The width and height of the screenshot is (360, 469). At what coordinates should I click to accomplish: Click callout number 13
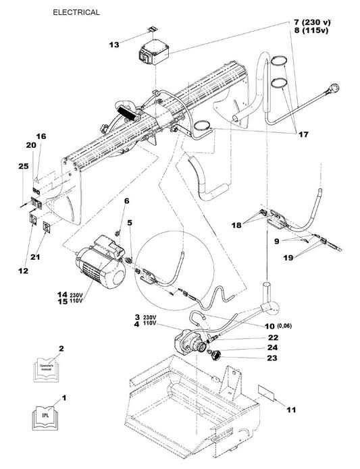pos(114,45)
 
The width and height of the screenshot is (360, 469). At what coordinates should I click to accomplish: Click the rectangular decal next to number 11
pos(266,391)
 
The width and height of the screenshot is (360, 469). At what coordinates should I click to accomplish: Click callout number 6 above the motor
pos(126,201)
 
